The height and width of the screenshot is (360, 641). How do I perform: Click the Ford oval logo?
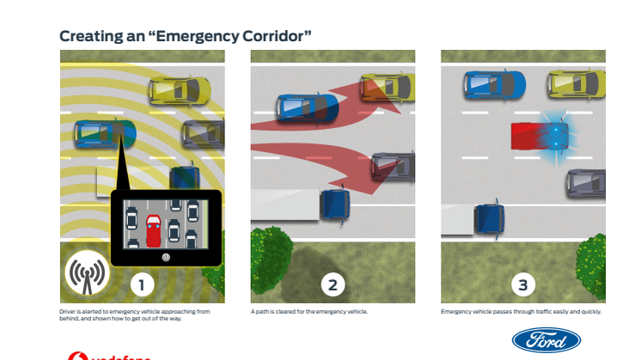[x=546, y=339]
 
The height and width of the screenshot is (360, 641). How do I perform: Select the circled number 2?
[x=333, y=283]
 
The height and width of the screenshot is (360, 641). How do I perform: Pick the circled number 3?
[x=522, y=283]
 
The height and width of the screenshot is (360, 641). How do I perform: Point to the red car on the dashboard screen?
[x=153, y=229]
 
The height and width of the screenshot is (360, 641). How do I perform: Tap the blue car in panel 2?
[x=307, y=107]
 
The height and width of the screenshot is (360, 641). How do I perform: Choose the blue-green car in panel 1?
[x=105, y=132]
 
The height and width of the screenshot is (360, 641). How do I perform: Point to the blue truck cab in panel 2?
[x=334, y=205]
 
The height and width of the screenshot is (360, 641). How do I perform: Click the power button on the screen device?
[x=165, y=255]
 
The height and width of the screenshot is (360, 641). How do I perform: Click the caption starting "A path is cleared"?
[x=309, y=311]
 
